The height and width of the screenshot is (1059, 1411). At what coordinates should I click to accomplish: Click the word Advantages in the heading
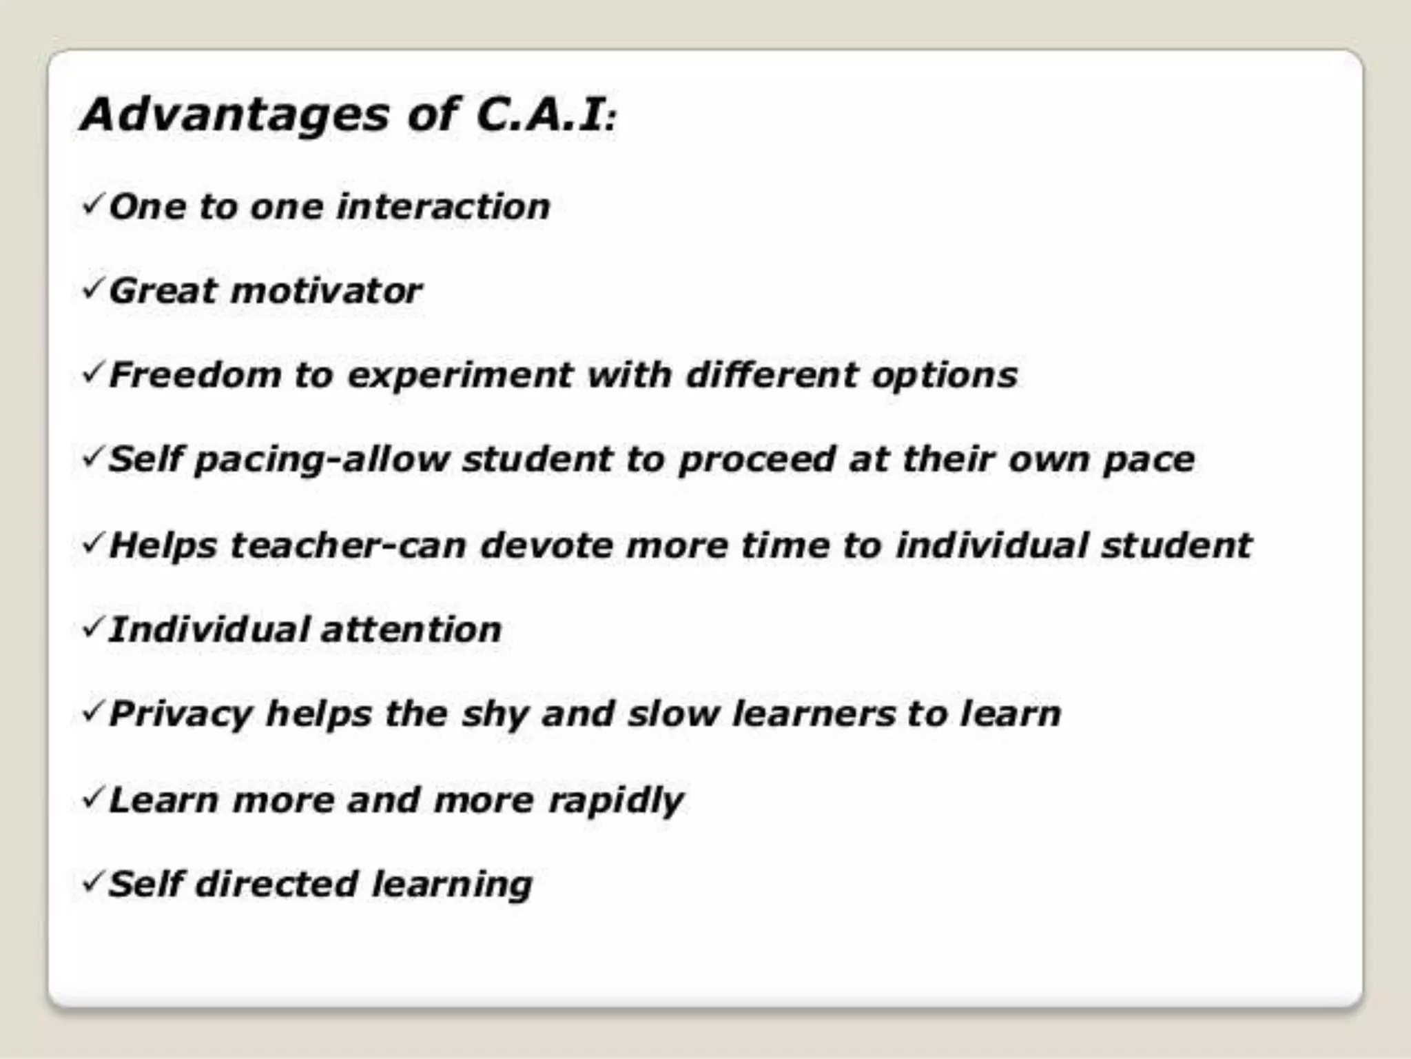[x=234, y=116]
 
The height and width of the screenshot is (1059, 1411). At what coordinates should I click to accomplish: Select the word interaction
[x=444, y=207]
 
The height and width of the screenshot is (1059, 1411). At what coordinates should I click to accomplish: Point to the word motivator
[x=327, y=290]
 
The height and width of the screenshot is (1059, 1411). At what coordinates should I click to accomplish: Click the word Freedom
[x=195, y=376]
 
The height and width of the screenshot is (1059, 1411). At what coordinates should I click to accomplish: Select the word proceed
[x=757, y=461]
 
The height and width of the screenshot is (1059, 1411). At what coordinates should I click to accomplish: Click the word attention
[x=411, y=629]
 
